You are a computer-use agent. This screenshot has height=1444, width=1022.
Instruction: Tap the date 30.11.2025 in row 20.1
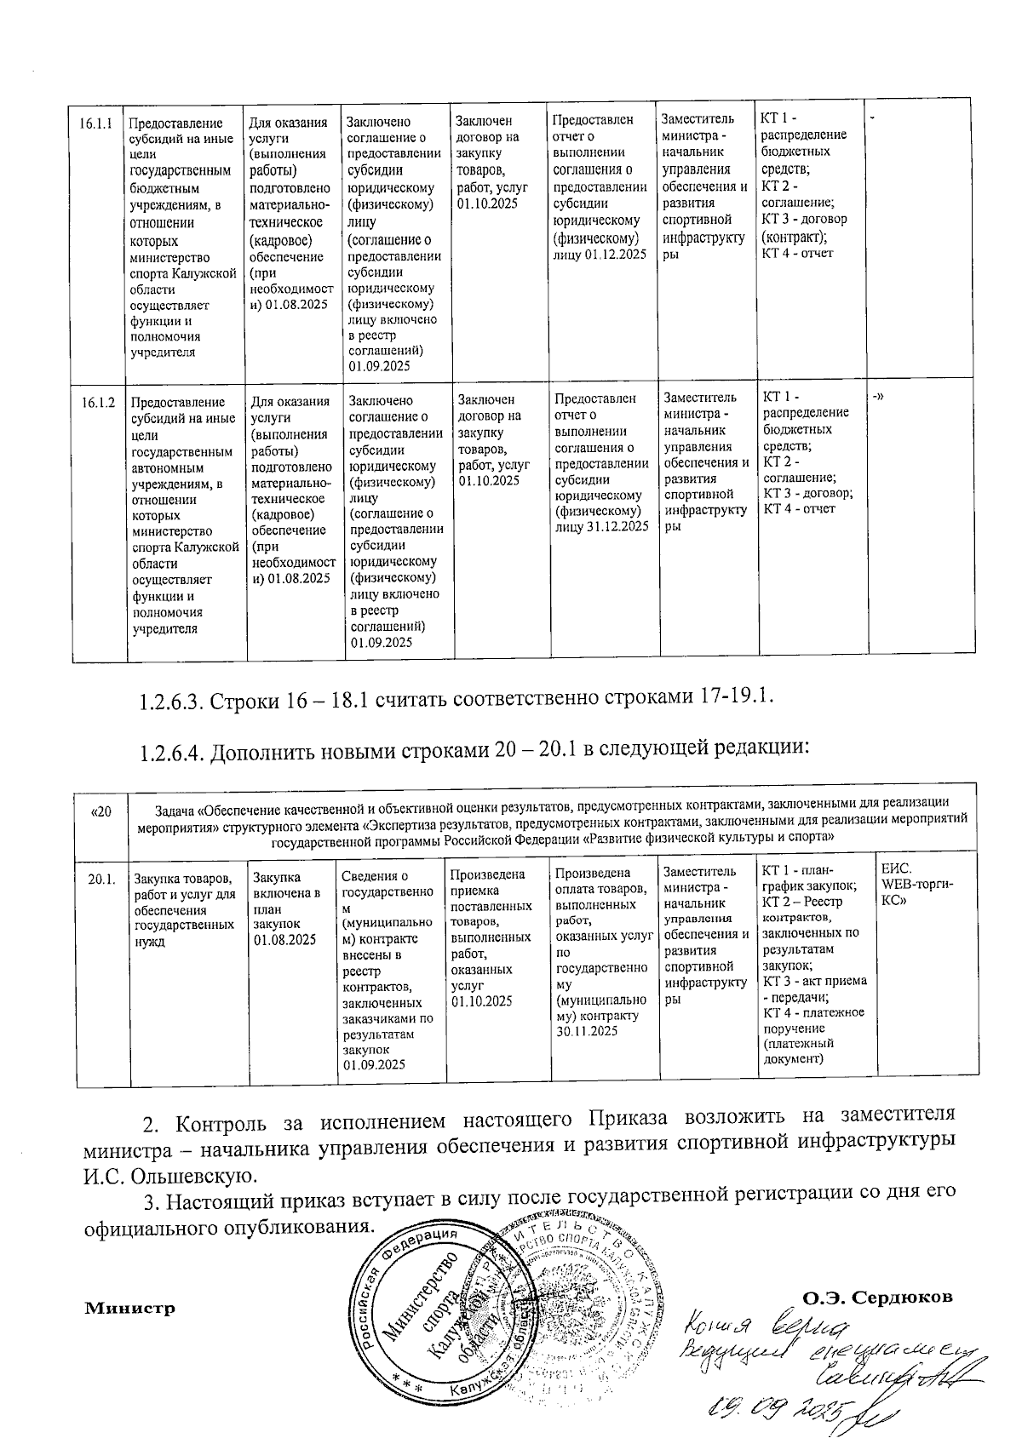pyautogui.click(x=586, y=1031)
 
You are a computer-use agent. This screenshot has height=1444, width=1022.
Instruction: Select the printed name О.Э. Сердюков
pyautogui.click(x=877, y=1298)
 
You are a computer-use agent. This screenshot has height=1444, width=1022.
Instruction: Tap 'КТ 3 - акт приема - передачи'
pyautogui.click(x=814, y=989)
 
